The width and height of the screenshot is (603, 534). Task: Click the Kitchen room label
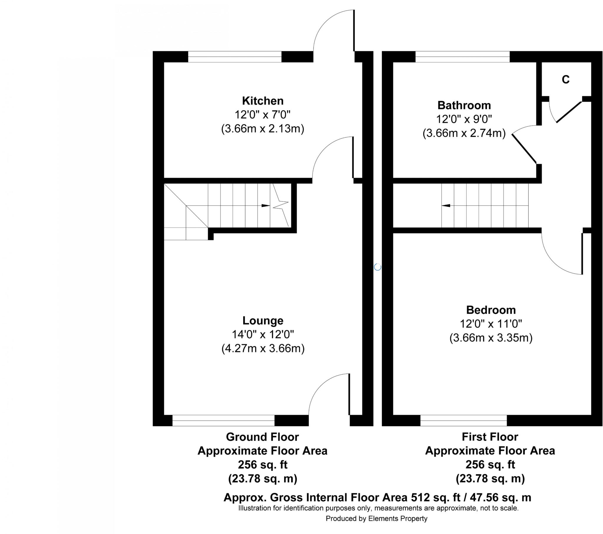(x=263, y=101)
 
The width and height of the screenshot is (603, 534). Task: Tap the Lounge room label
(x=263, y=320)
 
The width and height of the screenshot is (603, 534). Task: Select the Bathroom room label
(x=464, y=105)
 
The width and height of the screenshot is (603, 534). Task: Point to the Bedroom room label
(x=491, y=310)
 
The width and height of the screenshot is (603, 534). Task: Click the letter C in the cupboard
(x=566, y=80)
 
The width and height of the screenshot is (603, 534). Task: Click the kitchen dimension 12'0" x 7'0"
(x=263, y=115)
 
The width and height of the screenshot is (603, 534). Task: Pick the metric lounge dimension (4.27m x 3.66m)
(x=263, y=349)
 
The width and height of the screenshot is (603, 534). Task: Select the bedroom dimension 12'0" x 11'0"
(x=491, y=324)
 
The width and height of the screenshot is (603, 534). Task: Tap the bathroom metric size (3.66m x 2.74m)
(x=464, y=133)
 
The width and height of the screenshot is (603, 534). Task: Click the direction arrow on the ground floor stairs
(x=266, y=206)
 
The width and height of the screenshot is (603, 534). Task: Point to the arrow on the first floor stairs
(x=446, y=206)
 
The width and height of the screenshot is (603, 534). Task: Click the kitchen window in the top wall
(x=235, y=57)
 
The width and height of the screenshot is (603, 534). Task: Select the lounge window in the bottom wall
(x=223, y=420)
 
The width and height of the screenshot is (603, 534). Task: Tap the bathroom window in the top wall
(x=462, y=57)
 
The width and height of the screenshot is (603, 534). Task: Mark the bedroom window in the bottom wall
(x=463, y=420)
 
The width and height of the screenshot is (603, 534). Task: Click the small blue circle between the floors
(x=378, y=267)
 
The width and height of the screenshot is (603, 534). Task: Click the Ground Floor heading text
(x=262, y=437)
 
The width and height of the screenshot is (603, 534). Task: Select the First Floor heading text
(x=490, y=437)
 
